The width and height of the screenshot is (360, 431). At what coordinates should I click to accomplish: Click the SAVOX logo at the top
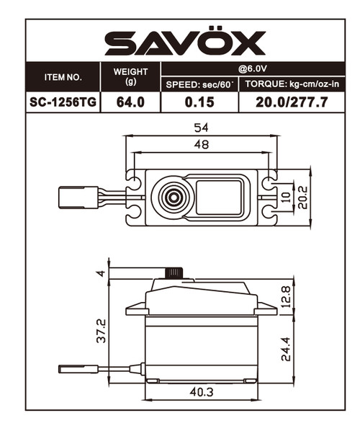point(185,43)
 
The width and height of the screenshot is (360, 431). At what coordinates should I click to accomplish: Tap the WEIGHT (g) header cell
point(131,76)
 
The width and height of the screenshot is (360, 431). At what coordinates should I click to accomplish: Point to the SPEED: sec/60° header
point(199,84)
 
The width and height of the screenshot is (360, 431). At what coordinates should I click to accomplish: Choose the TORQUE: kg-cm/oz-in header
point(292,84)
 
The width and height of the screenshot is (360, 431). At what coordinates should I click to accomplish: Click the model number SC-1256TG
point(63,102)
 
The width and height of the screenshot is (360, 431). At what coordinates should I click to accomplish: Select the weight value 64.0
point(131,102)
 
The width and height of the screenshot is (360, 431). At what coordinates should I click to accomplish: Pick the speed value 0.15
point(199,102)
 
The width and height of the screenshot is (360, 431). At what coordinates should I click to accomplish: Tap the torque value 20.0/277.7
point(292,102)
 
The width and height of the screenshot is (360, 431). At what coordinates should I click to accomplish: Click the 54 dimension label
point(201,127)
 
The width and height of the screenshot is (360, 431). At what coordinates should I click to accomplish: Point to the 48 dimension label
point(201,145)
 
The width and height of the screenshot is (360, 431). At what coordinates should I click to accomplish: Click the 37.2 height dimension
point(102,331)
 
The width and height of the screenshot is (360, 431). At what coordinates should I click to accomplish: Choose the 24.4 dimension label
point(287,348)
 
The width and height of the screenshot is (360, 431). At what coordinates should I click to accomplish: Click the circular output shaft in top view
point(172,195)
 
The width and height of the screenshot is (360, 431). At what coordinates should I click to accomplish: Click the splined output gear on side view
point(174,272)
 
